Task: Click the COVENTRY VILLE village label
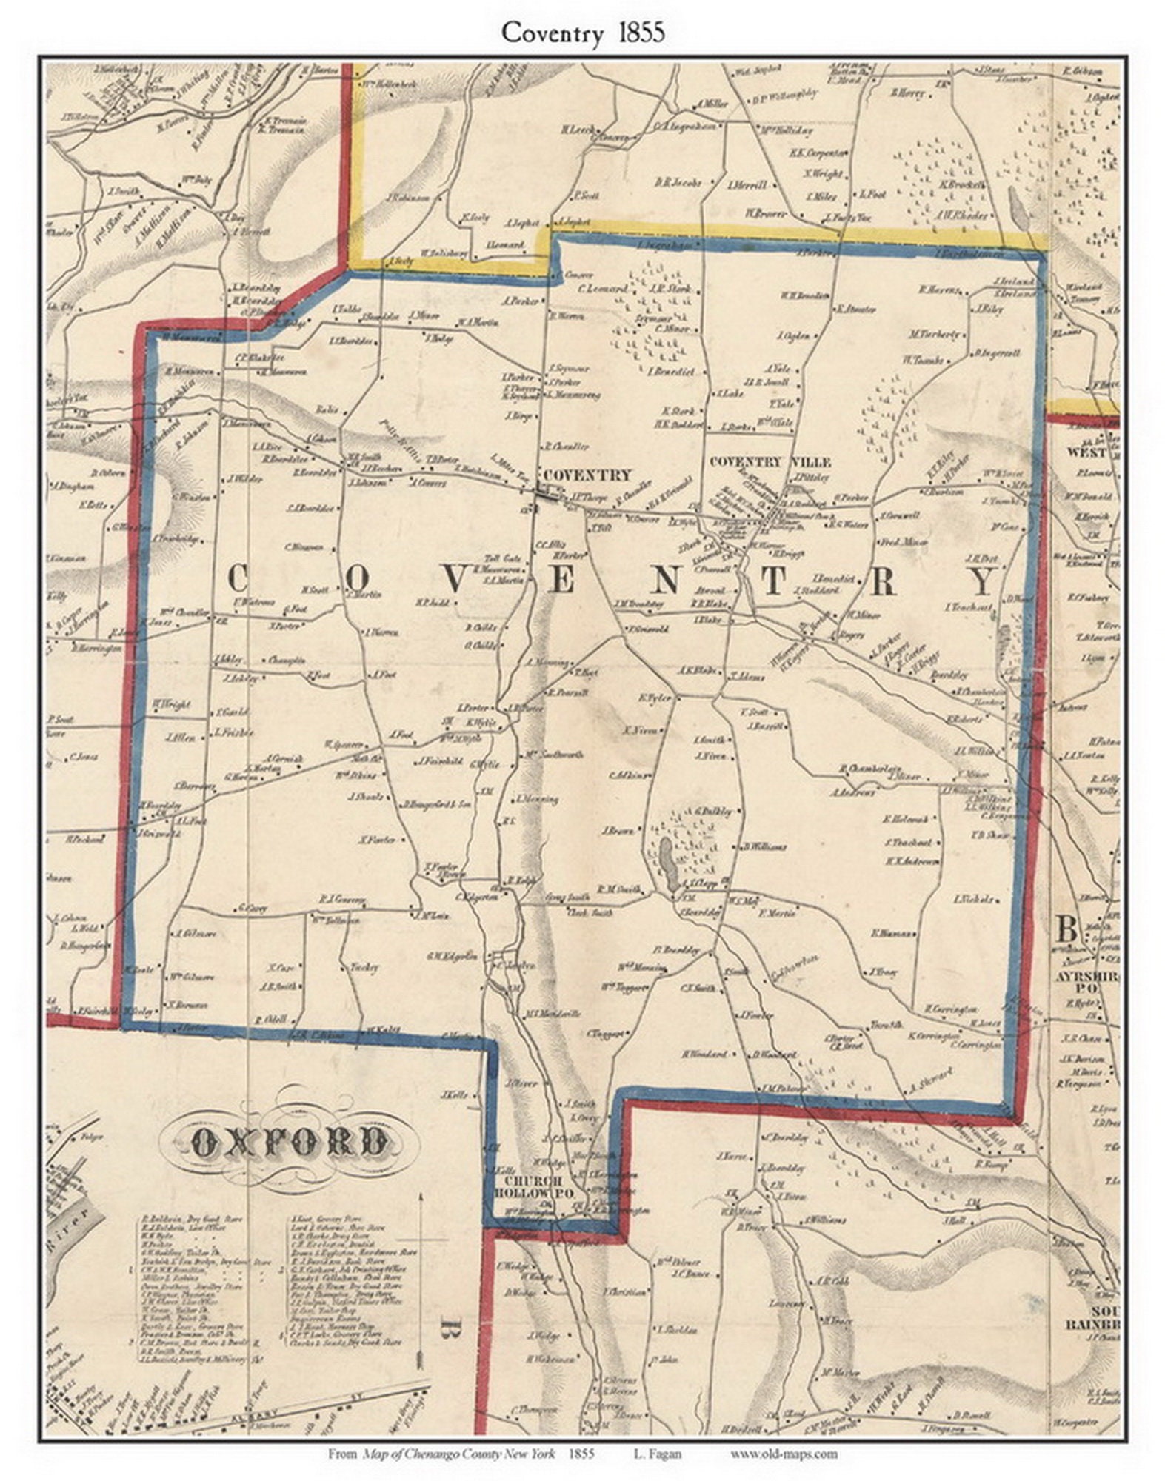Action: click(x=770, y=462)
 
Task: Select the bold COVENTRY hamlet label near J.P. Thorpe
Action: click(x=587, y=475)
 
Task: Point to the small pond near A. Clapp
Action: click(x=666, y=864)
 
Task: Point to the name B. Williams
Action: click(x=764, y=846)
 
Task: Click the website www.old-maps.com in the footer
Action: click(x=784, y=1454)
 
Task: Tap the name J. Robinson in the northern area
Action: click(x=407, y=198)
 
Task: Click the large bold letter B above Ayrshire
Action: click(x=1066, y=929)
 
